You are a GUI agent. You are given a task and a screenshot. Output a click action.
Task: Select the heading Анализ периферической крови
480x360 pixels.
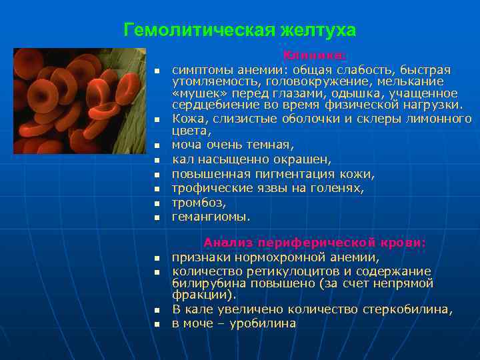[x=315, y=243]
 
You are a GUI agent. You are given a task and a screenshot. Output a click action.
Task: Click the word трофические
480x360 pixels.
[x=207, y=188]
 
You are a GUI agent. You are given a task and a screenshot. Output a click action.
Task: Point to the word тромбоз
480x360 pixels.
[x=199, y=203]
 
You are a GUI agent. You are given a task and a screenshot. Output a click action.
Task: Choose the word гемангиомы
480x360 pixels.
[x=211, y=217]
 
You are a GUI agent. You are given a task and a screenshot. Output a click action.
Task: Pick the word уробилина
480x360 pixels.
[x=262, y=323]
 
